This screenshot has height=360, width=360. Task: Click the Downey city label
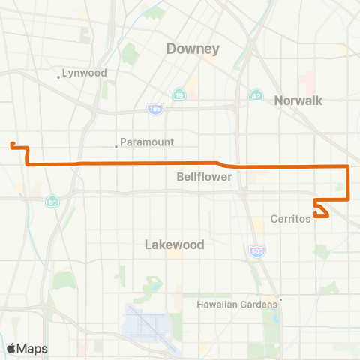(x=193, y=49)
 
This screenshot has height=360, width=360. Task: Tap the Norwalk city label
(x=298, y=100)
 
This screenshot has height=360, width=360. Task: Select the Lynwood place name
(x=85, y=73)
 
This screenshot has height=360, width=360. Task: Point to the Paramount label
(x=148, y=142)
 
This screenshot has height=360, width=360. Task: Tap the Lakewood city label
(x=174, y=244)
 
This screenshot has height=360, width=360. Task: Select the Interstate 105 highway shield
(x=146, y=109)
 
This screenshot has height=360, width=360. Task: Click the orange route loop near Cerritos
(x=321, y=209)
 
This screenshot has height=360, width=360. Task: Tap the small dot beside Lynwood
(x=58, y=76)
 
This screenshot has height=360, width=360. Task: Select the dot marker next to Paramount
(x=116, y=147)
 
